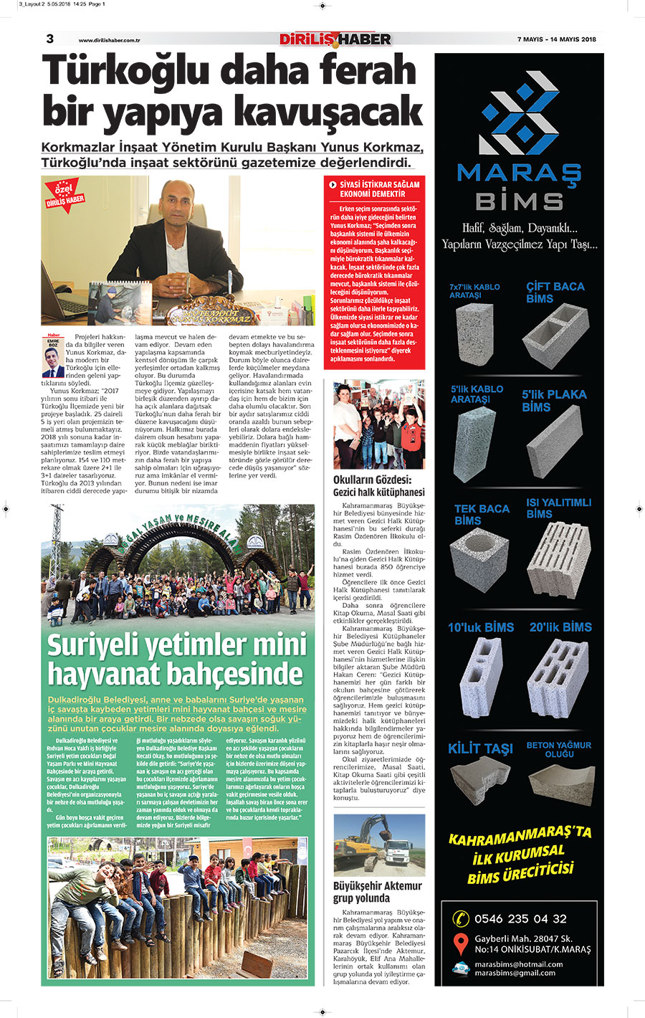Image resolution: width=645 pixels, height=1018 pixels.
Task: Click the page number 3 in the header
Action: click(49, 39)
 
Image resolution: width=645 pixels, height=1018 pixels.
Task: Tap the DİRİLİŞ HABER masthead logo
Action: click(335, 39)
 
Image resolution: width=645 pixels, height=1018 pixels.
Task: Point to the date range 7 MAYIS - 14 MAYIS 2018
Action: click(556, 39)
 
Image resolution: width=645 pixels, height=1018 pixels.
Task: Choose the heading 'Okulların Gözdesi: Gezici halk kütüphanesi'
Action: click(378, 486)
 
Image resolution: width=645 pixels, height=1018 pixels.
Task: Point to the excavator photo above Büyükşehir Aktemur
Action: click(378, 845)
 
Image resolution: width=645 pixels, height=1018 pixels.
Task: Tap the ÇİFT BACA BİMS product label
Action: click(555, 292)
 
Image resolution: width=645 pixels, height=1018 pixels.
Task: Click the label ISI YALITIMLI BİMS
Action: click(558, 508)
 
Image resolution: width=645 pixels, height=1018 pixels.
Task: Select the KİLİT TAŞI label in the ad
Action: click(480, 748)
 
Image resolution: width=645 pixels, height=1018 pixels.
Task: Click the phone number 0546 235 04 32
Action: click(520, 918)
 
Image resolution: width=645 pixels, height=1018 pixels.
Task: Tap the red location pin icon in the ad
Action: click(461, 943)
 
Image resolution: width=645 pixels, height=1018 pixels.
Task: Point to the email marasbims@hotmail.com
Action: click(518, 964)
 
